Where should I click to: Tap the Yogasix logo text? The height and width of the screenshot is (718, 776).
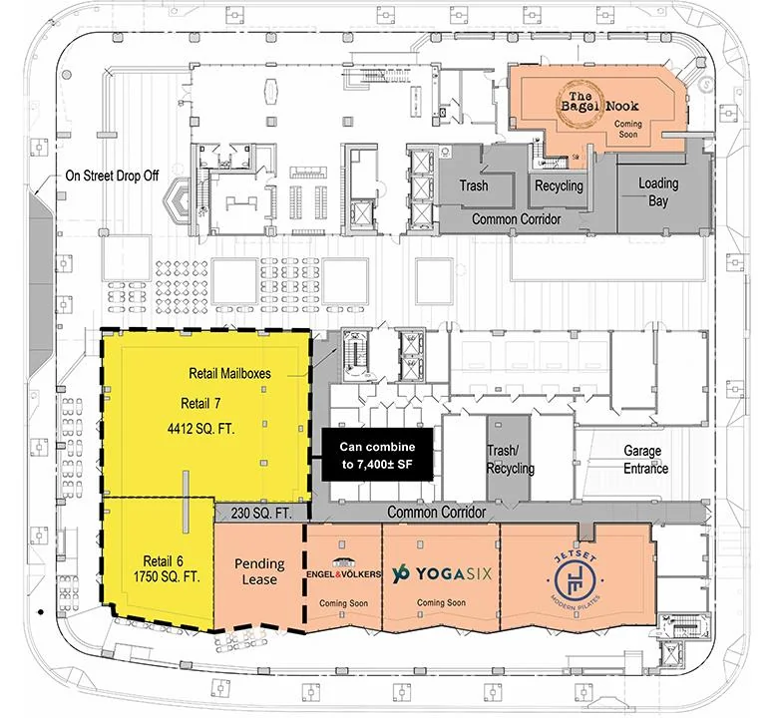442,574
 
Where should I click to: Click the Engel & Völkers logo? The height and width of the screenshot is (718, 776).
343,569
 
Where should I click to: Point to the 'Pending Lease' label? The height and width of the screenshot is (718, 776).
258,571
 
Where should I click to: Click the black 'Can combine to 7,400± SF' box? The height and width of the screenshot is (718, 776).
378,456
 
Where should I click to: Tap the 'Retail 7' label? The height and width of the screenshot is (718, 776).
200,404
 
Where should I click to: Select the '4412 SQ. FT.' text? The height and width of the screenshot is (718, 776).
200,428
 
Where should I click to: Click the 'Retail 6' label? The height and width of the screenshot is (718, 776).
163,561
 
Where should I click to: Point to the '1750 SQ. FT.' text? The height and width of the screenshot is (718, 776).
167,576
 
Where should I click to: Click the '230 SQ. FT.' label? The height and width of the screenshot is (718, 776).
261,514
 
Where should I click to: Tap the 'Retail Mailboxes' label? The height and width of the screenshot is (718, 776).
229,373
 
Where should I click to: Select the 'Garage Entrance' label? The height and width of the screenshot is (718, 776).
645,460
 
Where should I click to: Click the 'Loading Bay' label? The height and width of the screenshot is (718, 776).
658,192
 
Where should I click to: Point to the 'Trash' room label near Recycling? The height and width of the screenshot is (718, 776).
474,186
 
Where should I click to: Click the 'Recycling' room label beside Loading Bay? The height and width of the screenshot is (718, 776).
559,186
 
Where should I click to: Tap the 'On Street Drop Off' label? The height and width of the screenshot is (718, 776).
112,176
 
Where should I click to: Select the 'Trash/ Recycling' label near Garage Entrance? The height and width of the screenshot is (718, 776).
511,460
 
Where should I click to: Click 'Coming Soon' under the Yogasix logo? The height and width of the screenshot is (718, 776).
441,602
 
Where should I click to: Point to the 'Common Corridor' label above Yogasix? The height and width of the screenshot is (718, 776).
437,513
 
